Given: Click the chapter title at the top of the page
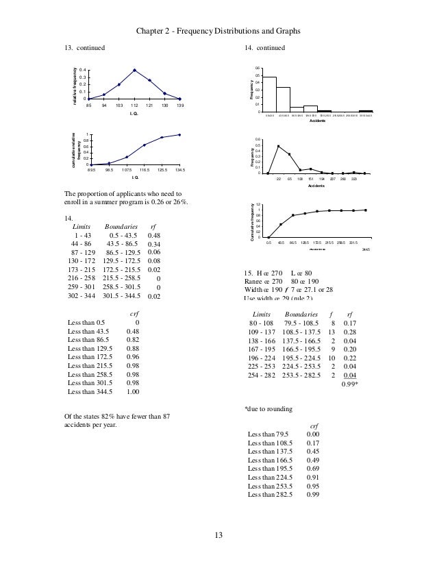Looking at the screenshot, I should click(x=218, y=31).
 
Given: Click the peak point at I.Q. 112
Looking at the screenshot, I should click(x=134, y=70).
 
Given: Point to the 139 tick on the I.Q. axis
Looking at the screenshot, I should click(x=179, y=105).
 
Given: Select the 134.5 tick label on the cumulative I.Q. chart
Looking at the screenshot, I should click(x=179, y=169).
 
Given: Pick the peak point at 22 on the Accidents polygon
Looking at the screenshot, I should click(x=278, y=146).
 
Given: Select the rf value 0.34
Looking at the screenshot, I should click(x=154, y=245).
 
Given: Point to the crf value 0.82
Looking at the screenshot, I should click(x=134, y=339).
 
